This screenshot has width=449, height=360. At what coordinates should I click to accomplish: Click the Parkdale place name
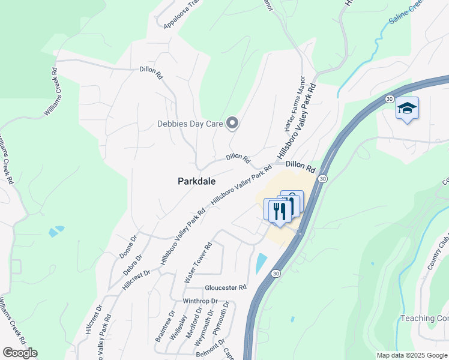(197, 181)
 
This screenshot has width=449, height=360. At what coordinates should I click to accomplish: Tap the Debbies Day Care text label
(190, 124)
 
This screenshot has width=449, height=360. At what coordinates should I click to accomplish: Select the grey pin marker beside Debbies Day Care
(233, 124)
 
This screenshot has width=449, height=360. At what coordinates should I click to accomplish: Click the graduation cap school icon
(407, 109)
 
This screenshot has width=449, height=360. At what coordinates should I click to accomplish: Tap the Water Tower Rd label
(199, 263)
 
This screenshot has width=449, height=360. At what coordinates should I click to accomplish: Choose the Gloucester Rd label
(226, 287)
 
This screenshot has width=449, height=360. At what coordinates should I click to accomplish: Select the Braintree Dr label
(164, 326)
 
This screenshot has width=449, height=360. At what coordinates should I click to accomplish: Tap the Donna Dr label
(128, 247)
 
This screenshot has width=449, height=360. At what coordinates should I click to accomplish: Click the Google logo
(20, 353)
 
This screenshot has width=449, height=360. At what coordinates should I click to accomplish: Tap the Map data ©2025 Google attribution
(412, 355)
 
